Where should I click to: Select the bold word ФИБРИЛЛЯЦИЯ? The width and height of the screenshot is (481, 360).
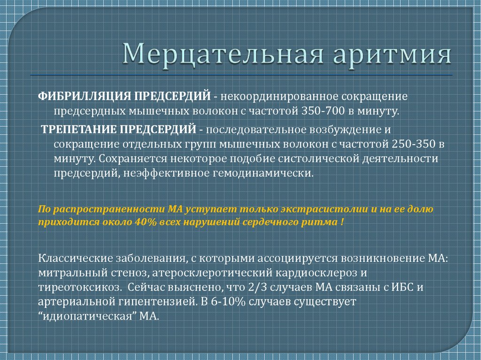[85, 96]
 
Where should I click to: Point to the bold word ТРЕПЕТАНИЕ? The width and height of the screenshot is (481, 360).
[78, 130]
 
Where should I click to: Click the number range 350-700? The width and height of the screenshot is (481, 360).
[323, 111]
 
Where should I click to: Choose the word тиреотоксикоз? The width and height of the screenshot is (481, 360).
[79, 288]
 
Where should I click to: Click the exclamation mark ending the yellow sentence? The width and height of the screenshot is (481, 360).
[342, 222]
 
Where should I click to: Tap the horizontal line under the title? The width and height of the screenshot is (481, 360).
[241, 75]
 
